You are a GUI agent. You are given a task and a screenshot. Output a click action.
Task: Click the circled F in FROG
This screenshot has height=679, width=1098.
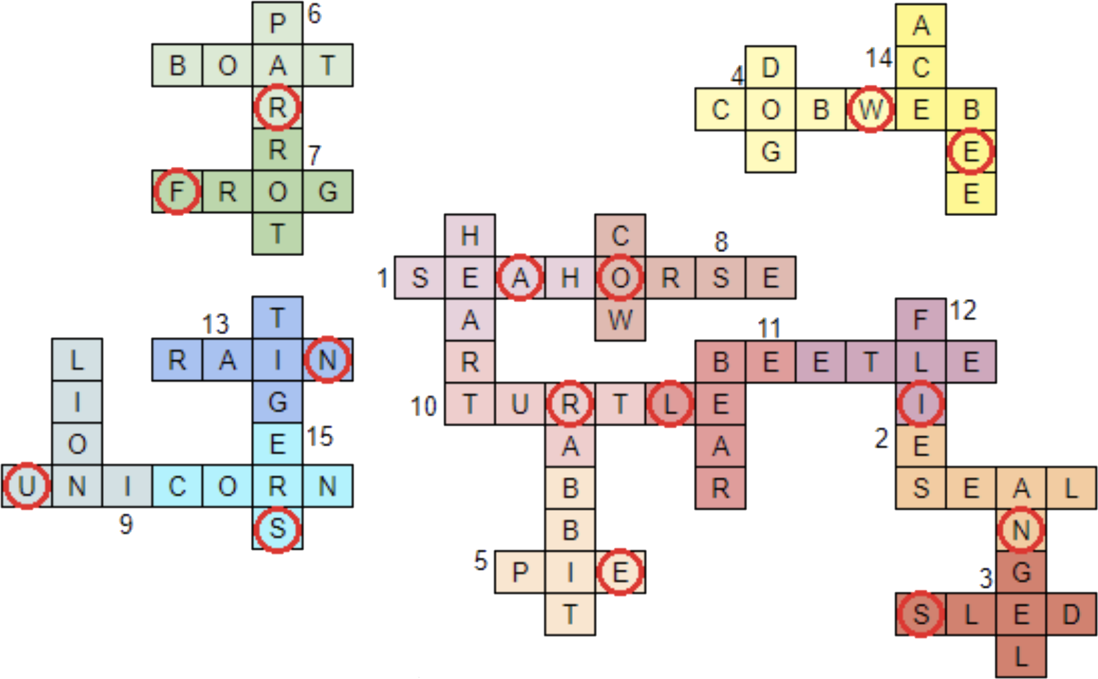(x=177, y=191)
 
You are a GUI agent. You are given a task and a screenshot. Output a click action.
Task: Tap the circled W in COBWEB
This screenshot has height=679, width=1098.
(x=870, y=109)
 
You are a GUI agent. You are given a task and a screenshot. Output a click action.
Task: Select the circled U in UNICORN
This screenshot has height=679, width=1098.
(x=27, y=486)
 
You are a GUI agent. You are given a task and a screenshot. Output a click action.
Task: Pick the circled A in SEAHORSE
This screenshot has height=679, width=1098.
(x=520, y=278)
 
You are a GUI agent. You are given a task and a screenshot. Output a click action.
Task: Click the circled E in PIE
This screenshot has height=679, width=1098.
(x=621, y=572)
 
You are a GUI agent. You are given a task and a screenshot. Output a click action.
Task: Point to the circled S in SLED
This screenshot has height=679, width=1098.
(x=921, y=614)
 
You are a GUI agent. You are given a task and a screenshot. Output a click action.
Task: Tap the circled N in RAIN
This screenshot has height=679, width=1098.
(x=328, y=360)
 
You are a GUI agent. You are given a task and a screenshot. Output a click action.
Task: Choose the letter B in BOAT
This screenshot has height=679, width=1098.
(x=177, y=65)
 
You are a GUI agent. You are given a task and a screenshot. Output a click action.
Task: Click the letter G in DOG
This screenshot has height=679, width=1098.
(x=771, y=152)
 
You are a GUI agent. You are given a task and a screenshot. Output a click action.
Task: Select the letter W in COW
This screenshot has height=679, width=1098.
(x=620, y=320)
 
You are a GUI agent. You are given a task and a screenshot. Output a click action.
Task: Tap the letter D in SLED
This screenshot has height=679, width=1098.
(x=1072, y=614)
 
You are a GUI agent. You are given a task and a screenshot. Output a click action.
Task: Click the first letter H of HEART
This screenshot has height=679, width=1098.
(x=470, y=235)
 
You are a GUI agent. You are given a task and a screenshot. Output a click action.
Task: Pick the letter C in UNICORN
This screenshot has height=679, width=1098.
(x=177, y=486)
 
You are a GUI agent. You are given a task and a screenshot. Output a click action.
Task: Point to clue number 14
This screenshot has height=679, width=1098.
(x=879, y=58)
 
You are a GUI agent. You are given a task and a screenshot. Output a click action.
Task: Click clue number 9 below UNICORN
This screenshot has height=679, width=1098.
(x=126, y=524)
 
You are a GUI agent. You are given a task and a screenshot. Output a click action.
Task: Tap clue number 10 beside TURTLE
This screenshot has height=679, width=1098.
(x=423, y=406)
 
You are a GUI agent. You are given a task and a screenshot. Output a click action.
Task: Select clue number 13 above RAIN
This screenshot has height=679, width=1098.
(x=215, y=324)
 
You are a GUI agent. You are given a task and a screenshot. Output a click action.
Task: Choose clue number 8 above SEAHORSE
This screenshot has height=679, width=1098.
(x=721, y=242)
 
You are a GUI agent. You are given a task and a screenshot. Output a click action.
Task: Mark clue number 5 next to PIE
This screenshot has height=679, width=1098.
(x=481, y=560)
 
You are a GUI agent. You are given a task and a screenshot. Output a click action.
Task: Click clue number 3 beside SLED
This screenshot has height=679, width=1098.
(x=986, y=578)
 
